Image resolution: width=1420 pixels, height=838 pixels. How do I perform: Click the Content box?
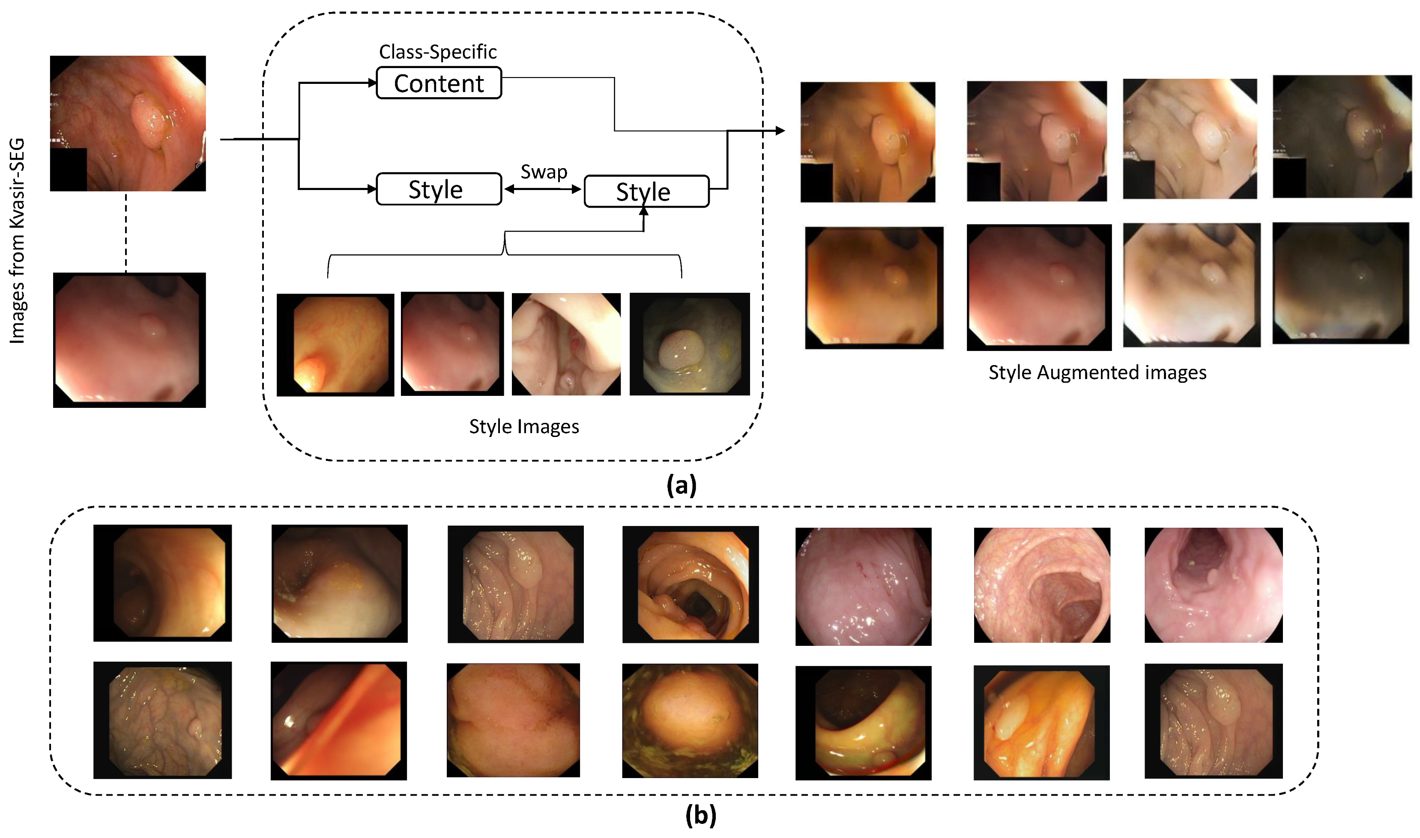(439, 83)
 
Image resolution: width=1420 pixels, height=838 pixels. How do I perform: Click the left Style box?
(439, 189)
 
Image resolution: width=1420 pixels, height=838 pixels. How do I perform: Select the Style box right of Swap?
(646, 191)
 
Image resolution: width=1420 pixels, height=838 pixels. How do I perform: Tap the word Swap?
(544, 172)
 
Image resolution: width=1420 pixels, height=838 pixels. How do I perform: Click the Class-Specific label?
(438, 52)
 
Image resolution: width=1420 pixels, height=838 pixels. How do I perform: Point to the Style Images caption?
(524, 426)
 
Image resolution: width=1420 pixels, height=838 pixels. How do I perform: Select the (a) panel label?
(681, 485)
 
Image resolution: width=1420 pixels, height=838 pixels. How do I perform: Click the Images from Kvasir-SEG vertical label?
(18, 241)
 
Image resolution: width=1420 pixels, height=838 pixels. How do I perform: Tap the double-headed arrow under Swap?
(542, 189)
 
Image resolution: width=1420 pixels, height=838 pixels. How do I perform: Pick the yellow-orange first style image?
(335, 345)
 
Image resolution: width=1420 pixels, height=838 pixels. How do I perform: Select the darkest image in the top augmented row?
(1342, 137)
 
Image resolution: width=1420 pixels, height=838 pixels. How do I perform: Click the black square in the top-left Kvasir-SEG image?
(69, 169)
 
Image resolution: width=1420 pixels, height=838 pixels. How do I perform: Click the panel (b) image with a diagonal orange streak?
(338, 721)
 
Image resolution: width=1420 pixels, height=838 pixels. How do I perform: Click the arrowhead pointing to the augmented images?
(780, 131)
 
